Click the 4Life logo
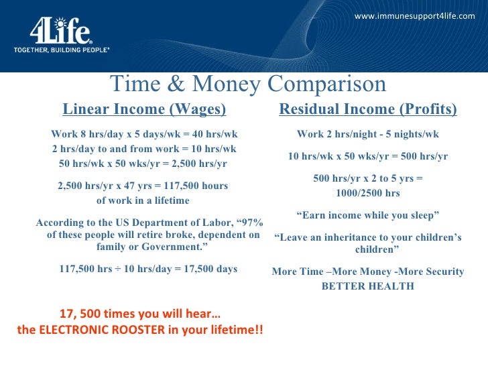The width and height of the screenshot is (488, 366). (60, 30)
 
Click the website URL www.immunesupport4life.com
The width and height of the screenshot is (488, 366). (414, 15)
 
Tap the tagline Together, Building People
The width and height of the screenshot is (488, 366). (61, 50)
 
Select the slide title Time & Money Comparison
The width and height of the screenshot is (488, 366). (248, 84)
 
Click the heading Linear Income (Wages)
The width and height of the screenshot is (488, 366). (144, 109)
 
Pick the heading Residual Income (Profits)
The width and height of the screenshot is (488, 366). (367, 109)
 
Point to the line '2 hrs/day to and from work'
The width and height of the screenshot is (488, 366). (144, 149)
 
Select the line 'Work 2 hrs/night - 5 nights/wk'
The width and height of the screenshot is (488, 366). (367, 133)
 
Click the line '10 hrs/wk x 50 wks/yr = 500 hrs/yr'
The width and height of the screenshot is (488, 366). (367, 156)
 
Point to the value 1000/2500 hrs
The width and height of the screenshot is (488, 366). (367, 193)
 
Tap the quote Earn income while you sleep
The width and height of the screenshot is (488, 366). (367, 215)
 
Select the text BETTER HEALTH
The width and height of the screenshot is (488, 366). (367, 286)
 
